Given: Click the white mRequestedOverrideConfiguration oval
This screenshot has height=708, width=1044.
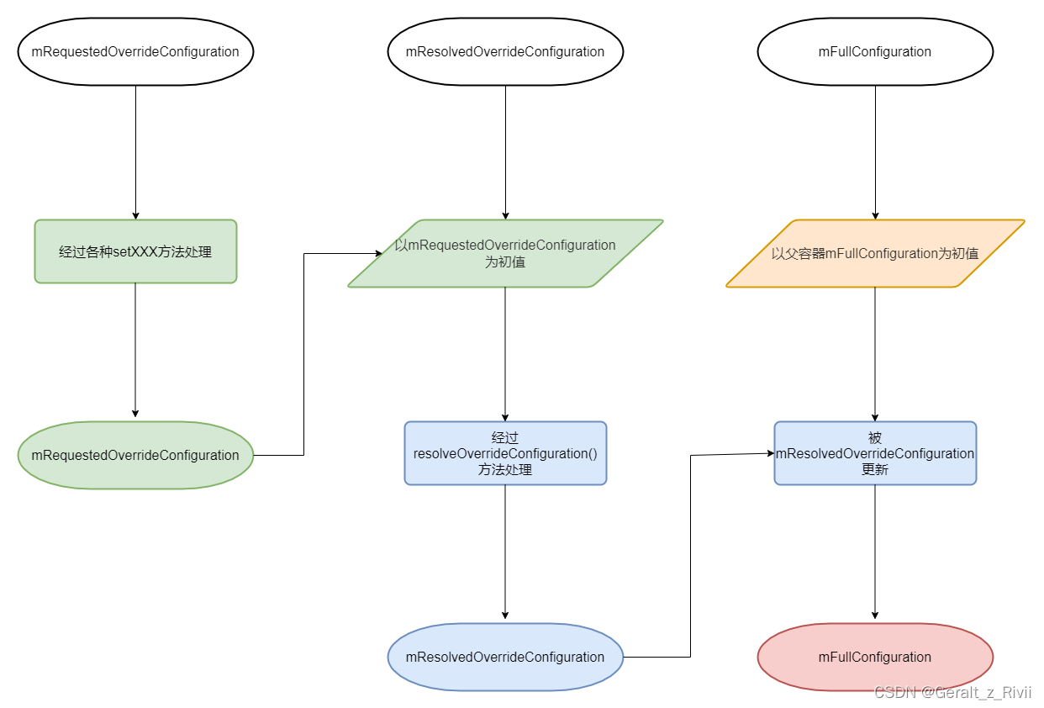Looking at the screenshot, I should click(135, 51).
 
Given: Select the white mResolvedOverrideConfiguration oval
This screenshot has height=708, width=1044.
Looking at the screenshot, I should click(505, 51).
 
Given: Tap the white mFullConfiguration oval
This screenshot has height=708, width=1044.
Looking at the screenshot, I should click(875, 51).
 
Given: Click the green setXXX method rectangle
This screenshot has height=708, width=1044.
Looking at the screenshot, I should click(135, 251).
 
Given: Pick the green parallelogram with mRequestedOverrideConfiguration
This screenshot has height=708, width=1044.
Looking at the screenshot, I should click(505, 253).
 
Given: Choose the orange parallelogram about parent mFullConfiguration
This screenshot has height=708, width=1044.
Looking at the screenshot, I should click(875, 253).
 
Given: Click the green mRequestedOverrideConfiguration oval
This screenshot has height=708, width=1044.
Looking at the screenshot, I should click(135, 455).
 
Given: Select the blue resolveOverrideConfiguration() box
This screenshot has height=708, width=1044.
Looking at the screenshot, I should click(505, 453).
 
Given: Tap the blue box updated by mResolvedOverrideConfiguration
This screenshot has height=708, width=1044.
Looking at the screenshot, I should click(875, 453).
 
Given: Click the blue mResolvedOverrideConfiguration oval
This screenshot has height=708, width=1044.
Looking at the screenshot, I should click(505, 657).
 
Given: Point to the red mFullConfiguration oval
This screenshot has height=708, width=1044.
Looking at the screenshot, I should click(875, 657).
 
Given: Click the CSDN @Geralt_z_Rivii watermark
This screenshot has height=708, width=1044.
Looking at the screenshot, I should click(952, 692).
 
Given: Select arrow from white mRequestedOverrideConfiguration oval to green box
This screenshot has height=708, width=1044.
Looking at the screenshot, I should click(135, 151).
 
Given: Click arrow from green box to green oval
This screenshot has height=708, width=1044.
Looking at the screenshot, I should click(135, 349).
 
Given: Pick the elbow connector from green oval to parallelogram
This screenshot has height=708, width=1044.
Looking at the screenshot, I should click(303, 353).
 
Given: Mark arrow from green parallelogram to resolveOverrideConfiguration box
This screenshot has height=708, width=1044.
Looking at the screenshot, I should click(505, 353).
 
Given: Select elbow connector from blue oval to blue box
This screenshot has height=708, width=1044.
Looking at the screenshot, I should click(690, 555).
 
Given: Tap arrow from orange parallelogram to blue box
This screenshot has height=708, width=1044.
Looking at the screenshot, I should click(875, 353).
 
